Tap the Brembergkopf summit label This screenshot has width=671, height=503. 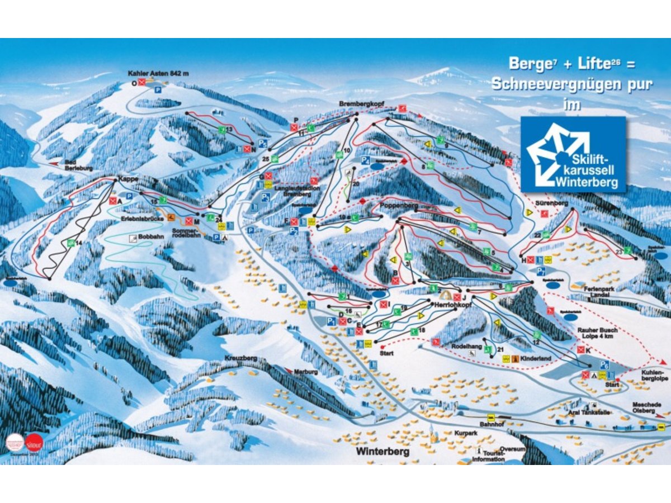(x=359, y=105)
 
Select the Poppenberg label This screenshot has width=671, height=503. (x=399, y=206)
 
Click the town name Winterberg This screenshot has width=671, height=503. (x=383, y=451)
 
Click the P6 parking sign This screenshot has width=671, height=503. (x=604, y=364)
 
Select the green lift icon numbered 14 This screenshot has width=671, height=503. (x=71, y=243)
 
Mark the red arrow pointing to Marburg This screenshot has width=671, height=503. (x=289, y=370)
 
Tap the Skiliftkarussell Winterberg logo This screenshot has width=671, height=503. (x=573, y=154)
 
